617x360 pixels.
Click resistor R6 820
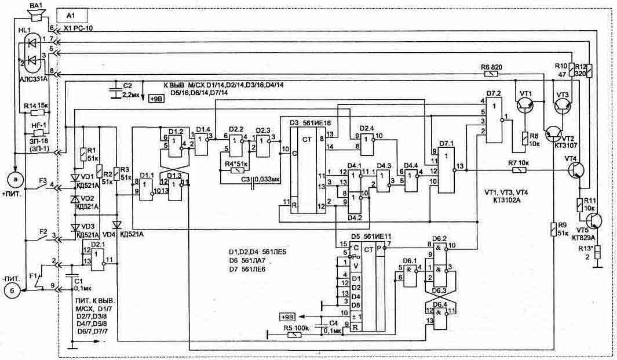[491, 74]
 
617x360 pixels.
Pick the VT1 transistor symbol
[527, 104]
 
